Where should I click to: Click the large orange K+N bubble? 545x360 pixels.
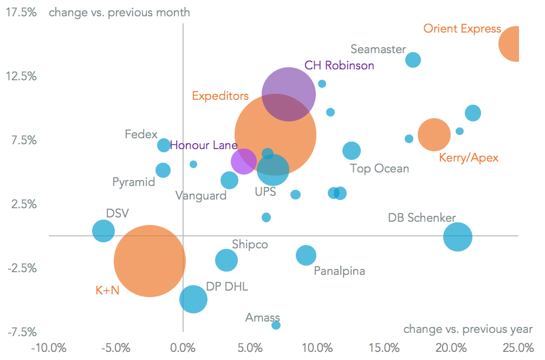[150, 261]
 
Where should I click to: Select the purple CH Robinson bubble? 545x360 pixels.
[288, 94]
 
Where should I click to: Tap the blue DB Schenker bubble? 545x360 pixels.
[458, 237]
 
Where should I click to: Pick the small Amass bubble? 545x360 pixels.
[276, 325]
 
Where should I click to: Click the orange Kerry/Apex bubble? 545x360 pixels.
[434, 134]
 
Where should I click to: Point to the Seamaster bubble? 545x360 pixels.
[413, 60]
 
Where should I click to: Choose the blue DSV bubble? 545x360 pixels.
[103, 231]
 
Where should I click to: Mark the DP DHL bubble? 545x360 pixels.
[193, 299]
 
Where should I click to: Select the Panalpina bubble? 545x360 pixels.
[306, 255]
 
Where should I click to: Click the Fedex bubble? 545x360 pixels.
[164, 145]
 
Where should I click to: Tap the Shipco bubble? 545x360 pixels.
[226, 260]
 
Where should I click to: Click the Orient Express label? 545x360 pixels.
[462, 29]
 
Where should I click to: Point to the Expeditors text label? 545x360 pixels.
[220, 96]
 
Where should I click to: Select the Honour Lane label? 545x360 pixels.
[204, 145]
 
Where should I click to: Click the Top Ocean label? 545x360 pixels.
[379, 169]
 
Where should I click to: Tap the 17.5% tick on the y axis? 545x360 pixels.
[21, 12]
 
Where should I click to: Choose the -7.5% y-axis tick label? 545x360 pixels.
[21, 332]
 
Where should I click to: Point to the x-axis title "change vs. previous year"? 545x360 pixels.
[468, 329]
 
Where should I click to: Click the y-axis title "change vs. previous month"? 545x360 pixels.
[119, 12]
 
